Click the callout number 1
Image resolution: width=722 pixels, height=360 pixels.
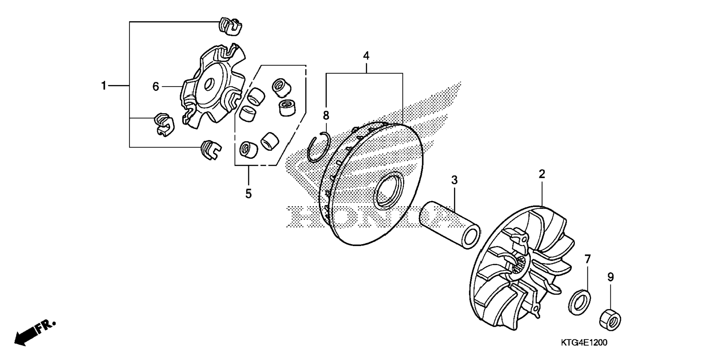pos(104,86)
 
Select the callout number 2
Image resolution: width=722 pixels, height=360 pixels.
pos(542,174)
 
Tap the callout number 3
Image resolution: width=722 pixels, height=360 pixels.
pos(454,180)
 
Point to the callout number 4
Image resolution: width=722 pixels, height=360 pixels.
pos(366,56)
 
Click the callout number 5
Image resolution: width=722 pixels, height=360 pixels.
pos(248,193)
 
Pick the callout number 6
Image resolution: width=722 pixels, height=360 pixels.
pos(156,87)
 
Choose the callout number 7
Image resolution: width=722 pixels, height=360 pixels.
pos(588,259)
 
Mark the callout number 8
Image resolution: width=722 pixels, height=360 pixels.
pos(326,115)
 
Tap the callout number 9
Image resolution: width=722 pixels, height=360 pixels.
pos(610,277)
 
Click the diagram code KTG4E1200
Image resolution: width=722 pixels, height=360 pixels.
pos(584,342)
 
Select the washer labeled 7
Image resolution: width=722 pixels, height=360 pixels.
pos(579,301)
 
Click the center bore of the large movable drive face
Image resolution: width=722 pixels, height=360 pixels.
pos(389,190)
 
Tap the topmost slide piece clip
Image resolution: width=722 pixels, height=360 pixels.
pos(229,26)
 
